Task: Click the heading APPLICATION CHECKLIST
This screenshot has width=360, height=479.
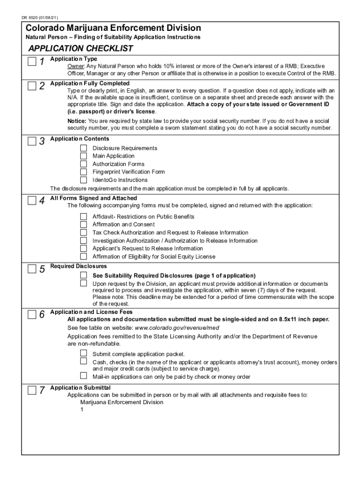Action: [80, 49]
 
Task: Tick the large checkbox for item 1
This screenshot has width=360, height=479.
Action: [31, 62]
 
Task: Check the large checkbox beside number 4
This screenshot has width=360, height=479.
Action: [31, 201]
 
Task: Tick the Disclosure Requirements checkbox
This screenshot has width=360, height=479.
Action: [83, 148]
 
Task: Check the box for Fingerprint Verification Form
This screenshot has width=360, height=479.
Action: [83, 172]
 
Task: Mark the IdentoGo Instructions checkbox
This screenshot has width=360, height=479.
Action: [83, 180]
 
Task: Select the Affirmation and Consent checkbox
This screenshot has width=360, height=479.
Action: [83, 225]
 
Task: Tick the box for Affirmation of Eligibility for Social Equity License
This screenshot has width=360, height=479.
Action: [83, 256]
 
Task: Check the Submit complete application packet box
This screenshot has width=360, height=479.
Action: [83, 353]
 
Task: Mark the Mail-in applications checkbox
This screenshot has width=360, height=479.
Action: [83, 376]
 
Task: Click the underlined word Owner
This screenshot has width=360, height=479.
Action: [75, 66]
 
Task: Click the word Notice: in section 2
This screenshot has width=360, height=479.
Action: [77, 121]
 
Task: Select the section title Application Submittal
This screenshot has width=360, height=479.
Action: [80, 388]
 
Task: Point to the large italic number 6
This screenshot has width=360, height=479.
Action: [42, 315]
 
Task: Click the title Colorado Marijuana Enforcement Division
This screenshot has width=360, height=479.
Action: [113, 28]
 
